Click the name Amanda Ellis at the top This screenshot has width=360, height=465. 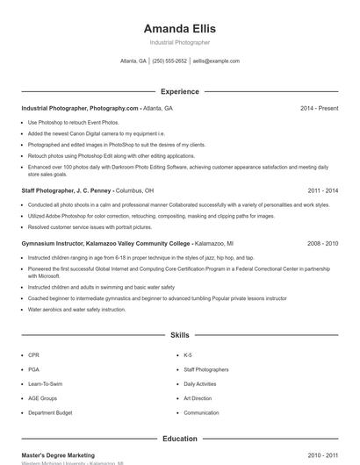(x=179, y=28)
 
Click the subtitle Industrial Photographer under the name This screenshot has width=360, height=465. (x=179, y=42)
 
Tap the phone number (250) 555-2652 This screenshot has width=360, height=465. (x=169, y=61)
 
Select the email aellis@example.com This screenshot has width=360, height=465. (x=216, y=61)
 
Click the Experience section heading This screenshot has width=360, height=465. (x=179, y=91)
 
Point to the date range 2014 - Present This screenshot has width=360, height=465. (x=319, y=108)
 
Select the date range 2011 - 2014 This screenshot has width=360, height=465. (x=322, y=190)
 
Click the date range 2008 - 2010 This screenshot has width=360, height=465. (x=322, y=243)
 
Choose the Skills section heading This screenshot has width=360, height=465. (x=179, y=335)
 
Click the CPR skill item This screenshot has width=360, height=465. (x=33, y=355)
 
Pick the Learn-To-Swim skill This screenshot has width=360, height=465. (x=45, y=383)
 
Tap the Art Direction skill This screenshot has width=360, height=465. (x=198, y=398)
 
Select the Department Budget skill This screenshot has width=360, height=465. (x=49, y=412)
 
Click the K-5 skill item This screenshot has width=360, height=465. (x=188, y=355)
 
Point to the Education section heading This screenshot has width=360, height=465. (x=179, y=439)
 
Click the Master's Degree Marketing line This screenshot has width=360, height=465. (x=58, y=455)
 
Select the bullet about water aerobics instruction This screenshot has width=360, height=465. (x=76, y=310)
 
